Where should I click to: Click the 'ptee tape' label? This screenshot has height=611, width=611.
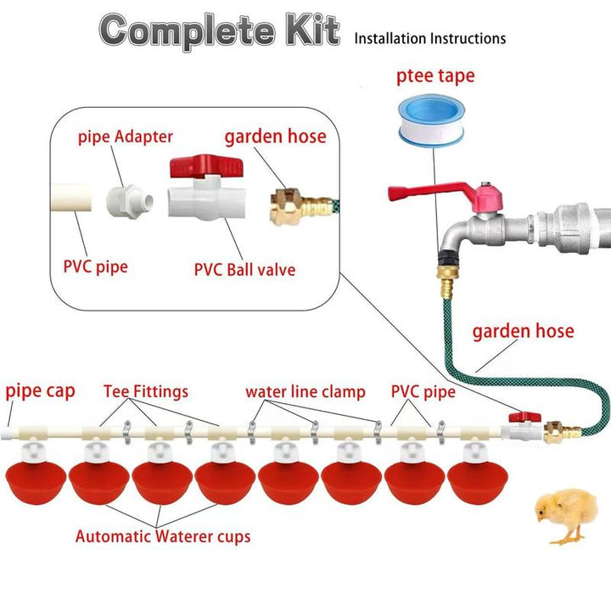(435, 77)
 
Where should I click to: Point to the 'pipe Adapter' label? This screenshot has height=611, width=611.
(126, 137)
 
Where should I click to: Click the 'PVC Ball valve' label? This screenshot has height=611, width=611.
(244, 271)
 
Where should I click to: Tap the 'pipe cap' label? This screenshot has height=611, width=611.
(41, 391)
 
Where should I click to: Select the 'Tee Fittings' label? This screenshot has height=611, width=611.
(146, 392)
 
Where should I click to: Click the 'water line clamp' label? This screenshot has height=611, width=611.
(305, 392)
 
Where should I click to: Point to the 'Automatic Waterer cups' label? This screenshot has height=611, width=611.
(163, 536)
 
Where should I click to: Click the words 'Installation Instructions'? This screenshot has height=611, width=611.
(429, 38)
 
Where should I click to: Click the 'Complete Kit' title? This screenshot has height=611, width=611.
(220, 31)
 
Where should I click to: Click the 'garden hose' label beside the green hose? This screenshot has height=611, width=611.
(523, 332)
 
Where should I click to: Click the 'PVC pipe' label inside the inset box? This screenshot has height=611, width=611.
(95, 266)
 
